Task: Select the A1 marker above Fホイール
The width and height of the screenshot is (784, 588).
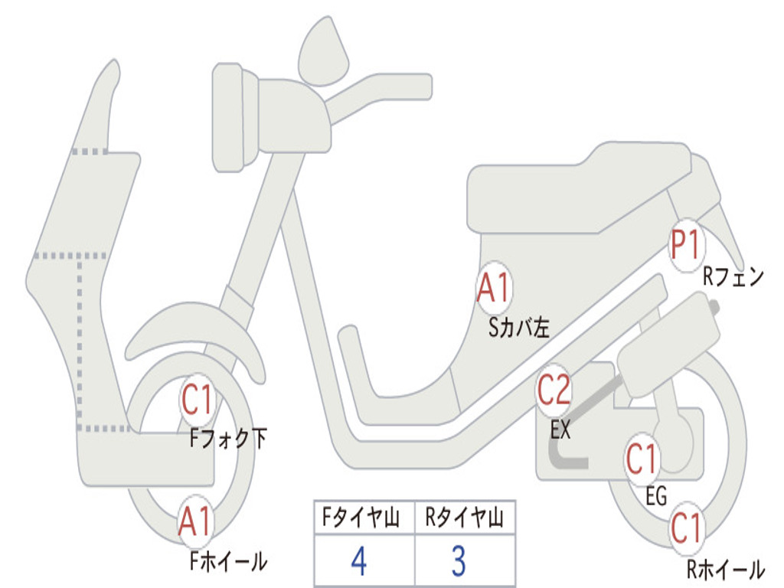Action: point(195,524)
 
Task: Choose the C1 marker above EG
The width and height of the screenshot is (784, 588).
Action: point(642,460)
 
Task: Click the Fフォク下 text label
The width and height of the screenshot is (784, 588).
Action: point(229,439)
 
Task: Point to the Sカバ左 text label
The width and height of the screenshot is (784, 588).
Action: point(519,328)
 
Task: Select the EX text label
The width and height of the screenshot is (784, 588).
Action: point(560,430)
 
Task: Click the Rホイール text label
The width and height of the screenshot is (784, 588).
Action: point(725,569)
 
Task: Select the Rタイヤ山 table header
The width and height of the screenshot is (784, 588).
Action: point(464,520)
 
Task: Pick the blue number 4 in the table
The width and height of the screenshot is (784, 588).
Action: point(358,560)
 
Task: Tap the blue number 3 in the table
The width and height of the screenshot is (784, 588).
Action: point(458,560)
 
